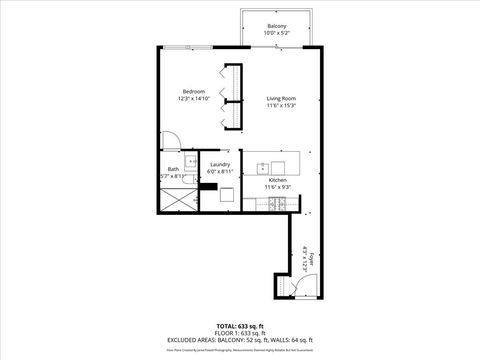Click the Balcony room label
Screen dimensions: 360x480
[x=277, y=26]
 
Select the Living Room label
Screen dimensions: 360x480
[x=281, y=98]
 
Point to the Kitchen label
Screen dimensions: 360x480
[x=277, y=180]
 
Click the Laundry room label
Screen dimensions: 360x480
[x=220, y=164]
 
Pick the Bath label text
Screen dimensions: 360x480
[x=173, y=169]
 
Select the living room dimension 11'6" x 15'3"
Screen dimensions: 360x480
[x=281, y=105]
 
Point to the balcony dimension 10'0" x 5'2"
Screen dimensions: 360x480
[x=277, y=33]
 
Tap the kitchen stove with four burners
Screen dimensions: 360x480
[x=277, y=204]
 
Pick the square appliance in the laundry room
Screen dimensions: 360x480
[x=227, y=194]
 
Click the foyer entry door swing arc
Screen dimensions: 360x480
[x=297, y=288]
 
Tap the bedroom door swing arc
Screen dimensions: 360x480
[x=170, y=141]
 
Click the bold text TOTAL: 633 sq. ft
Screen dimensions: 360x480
[x=239, y=326]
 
